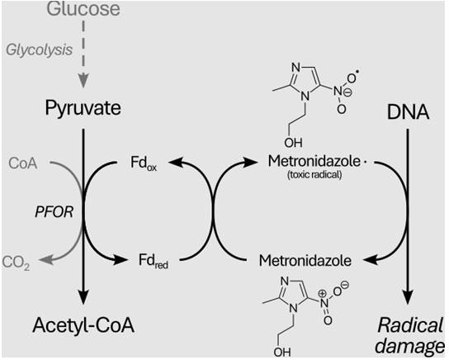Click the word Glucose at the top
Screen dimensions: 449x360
83,8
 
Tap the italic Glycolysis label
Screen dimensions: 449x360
40,50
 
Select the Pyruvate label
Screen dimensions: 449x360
83,108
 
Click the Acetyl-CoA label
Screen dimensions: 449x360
83,325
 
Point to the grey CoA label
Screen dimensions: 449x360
23,163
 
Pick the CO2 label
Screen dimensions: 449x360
16,262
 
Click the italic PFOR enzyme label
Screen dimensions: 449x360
54,212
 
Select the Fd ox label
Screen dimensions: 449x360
144,163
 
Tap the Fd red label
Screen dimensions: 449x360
154,261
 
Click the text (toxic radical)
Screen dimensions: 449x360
314,175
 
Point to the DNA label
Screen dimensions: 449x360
408,112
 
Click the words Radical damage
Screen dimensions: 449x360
410,336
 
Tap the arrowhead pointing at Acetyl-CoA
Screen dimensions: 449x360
83,297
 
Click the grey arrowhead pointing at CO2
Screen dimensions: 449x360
46,259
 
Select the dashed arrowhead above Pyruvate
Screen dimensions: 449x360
83,80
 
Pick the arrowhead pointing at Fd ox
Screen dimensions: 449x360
176,162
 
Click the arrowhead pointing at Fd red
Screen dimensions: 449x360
120,260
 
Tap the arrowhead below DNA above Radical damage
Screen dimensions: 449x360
408,297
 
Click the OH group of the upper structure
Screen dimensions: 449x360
293,142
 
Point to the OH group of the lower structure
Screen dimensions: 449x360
282,352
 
